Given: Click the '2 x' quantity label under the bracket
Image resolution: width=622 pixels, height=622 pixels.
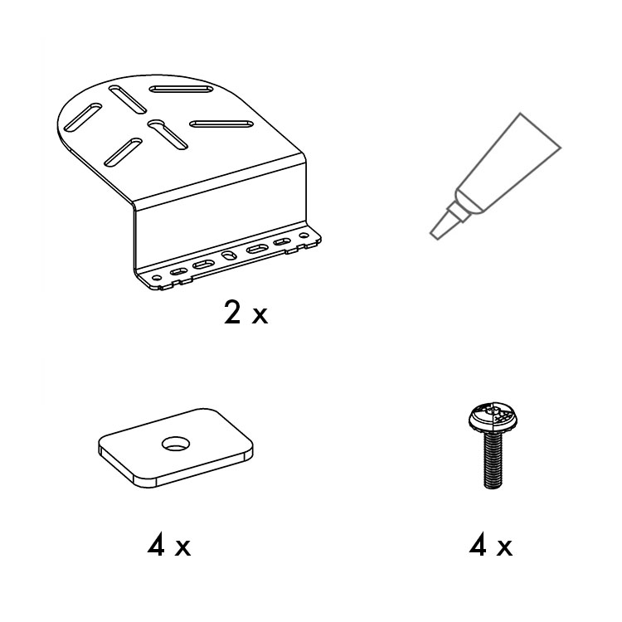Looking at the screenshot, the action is click(246, 312).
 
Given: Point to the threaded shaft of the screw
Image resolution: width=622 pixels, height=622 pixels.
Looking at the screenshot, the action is click(493, 461).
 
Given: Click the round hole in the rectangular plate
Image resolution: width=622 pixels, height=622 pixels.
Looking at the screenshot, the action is click(175, 444).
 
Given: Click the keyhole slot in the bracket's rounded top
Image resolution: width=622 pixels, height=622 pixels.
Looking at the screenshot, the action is click(168, 134).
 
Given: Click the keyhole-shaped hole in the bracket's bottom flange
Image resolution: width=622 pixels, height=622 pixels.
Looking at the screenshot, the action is click(227, 256).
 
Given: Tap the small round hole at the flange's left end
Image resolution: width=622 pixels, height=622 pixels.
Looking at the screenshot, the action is click(157, 278).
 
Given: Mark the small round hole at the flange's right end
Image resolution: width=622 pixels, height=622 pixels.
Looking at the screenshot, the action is click(304, 236).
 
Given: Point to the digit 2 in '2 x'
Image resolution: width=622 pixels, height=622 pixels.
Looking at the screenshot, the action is click(232, 312).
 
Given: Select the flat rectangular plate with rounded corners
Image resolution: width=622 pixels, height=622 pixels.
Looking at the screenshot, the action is click(175, 448).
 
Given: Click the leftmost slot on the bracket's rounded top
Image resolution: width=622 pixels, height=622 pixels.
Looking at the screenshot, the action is click(83, 118).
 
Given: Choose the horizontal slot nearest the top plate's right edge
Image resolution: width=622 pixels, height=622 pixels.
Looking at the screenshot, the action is click(221, 124).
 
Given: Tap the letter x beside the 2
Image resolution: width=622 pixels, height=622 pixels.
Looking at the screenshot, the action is click(260, 316).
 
